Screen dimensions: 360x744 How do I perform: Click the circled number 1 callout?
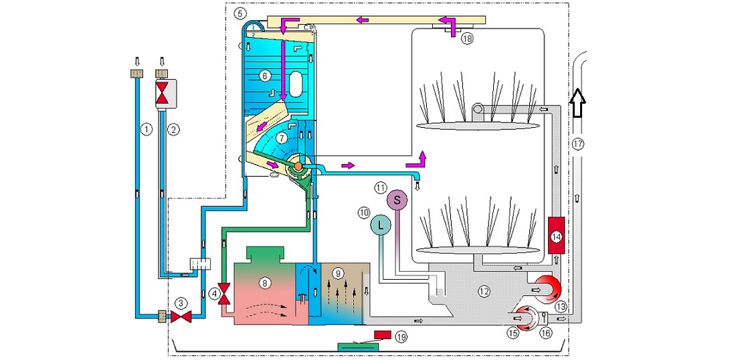click(146, 130)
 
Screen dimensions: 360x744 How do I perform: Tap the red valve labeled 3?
click(179, 316)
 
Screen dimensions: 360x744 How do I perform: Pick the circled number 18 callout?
click(466, 39)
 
